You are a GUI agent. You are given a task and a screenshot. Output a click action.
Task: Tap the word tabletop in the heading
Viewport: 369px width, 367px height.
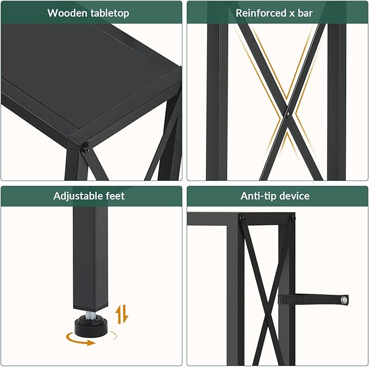click(110, 12)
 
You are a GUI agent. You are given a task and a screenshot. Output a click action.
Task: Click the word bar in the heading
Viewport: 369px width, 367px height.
click(305, 12)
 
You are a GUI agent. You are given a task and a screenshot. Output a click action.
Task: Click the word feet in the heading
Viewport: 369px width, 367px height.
click(115, 196)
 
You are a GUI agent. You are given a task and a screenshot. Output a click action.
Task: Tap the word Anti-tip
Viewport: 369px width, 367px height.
click(259, 196)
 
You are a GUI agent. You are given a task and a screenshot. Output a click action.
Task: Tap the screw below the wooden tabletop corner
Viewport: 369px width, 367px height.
click(86, 147)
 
